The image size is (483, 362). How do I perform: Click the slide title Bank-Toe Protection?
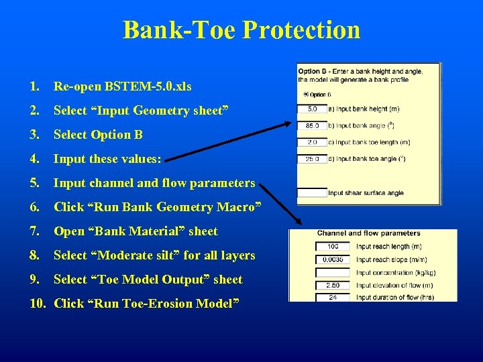tap(241, 30)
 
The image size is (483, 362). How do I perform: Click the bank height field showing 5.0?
tap(313, 109)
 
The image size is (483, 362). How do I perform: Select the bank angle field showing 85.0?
tap(313, 125)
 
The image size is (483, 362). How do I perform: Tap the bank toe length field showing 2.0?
tap(313, 142)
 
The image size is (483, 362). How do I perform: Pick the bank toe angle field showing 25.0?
tap(313, 159)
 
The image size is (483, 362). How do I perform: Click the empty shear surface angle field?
tap(313, 192)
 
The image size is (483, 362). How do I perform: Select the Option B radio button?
tap(307, 95)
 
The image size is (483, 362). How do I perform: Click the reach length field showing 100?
tap(333, 247)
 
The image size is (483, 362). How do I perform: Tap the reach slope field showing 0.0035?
tap(333, 259)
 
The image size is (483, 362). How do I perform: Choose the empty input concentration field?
tap(333, 272)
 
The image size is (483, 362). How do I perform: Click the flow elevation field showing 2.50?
tap(333, 285)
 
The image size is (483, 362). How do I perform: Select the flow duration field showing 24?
tap(333, 297)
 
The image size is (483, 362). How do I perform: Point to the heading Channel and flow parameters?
tap(369, 233)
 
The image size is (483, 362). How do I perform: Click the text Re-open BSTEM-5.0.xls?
tap(122, 86)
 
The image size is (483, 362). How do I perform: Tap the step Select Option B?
tap(98, 135)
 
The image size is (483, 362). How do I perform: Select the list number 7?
tap(34, 231)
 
